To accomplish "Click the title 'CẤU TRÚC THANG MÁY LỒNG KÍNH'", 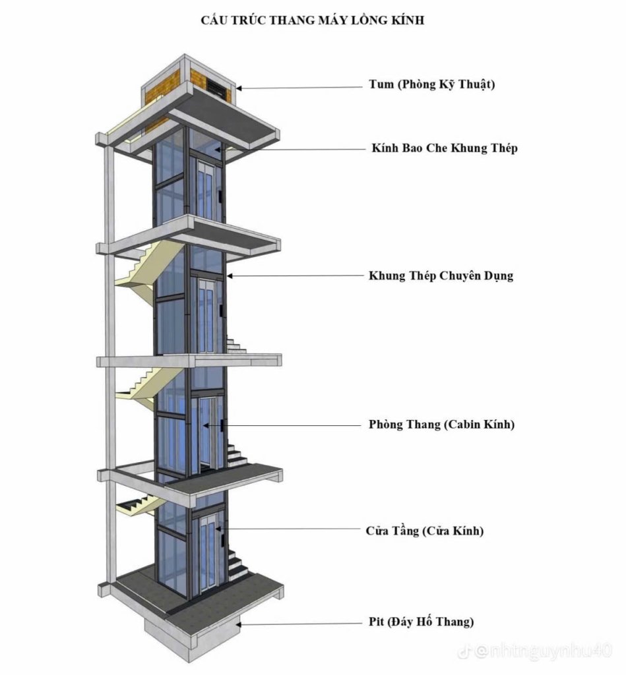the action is point(313,20).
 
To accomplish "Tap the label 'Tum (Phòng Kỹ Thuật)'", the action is point(431,84).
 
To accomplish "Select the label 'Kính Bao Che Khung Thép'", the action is point(445,148).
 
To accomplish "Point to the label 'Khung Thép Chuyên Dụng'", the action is point(441,276).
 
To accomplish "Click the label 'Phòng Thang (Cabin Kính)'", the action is point(441,425).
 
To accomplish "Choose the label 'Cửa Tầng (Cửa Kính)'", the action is point(425,531).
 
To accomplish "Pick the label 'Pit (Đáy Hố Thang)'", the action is point(422,622).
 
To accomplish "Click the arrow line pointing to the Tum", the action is point(299,88).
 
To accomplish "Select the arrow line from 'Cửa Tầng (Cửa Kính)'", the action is point(289,529).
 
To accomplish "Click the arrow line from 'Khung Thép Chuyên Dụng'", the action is point(295,276).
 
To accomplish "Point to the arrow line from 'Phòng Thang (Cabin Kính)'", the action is point(282,425).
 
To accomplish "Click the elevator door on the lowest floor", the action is point(209,553).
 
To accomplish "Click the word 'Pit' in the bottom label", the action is point(376,622).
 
